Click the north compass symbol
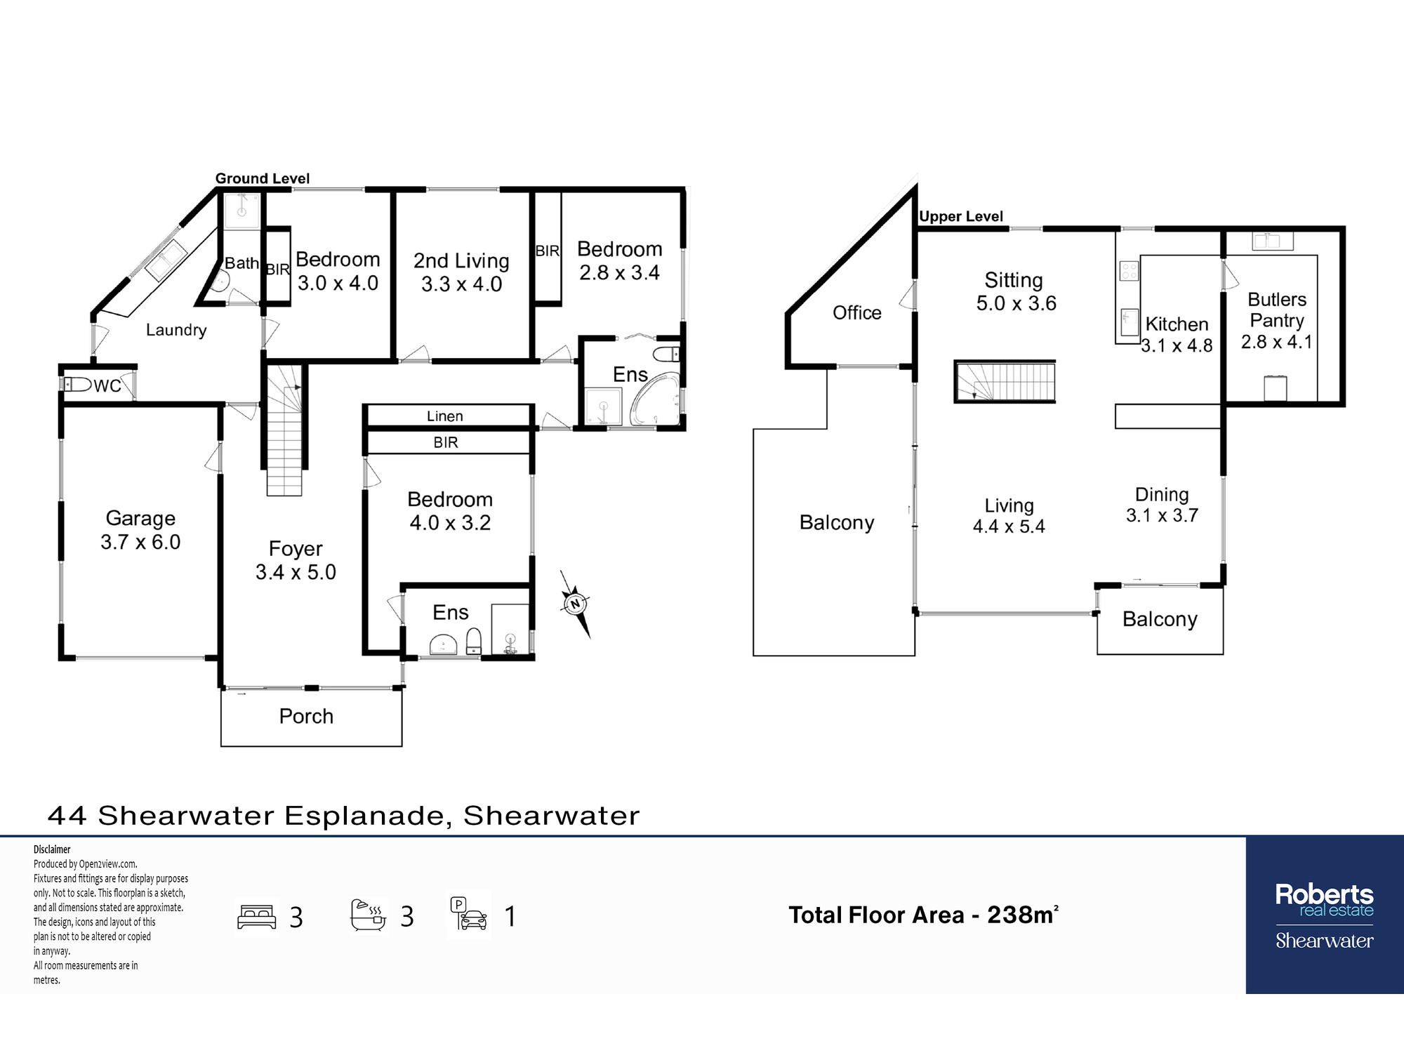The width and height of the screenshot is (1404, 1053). pos(576,604)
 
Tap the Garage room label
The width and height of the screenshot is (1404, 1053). pos(140,518)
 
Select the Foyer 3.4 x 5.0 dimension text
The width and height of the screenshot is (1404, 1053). pos(296,572)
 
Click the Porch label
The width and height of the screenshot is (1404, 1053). pos(306,716)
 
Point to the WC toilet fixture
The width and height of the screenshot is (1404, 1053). pos(78,384)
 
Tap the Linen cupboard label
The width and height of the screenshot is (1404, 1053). pos(445,416)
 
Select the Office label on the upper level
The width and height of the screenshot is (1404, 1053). pos(857,312)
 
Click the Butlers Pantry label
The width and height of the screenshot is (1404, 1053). pos(1277,310)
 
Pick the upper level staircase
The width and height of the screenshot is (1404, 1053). pos(1005,381)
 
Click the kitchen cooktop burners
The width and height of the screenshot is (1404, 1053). pos(1130,271)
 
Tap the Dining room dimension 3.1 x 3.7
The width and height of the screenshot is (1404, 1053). pos(1162,515)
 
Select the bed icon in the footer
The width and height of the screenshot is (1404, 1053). pos(257,917)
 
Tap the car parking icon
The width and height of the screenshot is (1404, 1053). pos(469,914)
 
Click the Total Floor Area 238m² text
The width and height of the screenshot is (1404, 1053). pos(924,915)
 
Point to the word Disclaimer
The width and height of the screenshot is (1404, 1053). pos(52,849)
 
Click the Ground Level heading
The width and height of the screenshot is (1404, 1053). pos(263,178)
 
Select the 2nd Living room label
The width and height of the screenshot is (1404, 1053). pos(461,260)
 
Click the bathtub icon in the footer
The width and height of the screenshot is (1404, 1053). pos(369,915)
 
